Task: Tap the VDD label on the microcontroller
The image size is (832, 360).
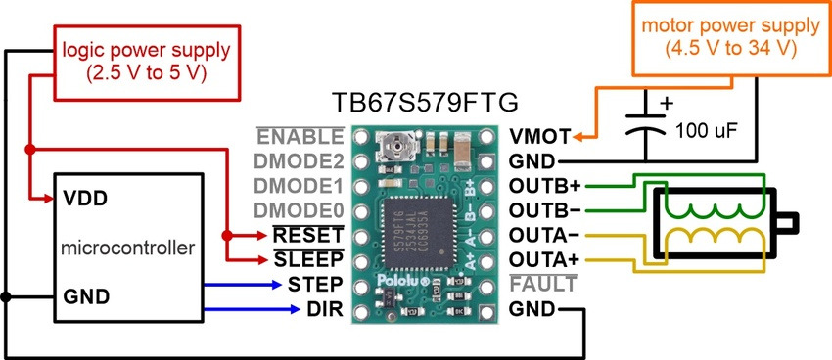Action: tap(85, 199)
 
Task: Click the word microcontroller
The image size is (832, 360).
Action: tap(127, 247)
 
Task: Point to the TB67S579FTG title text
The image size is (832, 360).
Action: tap(425, 103)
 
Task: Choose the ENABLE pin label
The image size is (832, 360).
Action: tap(300, 137)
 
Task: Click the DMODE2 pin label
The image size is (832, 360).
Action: tap(299, 161)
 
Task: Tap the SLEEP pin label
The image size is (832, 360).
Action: tap(308, 260)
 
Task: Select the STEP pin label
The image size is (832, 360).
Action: tap(315, 284)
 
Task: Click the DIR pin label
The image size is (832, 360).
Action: tap(325, 309)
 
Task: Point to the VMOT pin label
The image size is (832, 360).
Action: tap(540, 137)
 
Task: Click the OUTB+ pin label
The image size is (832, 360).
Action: tap(545, 186)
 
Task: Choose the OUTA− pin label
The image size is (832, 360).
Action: tap(545, 235)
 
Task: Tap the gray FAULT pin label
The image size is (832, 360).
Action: tap(542, 284)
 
